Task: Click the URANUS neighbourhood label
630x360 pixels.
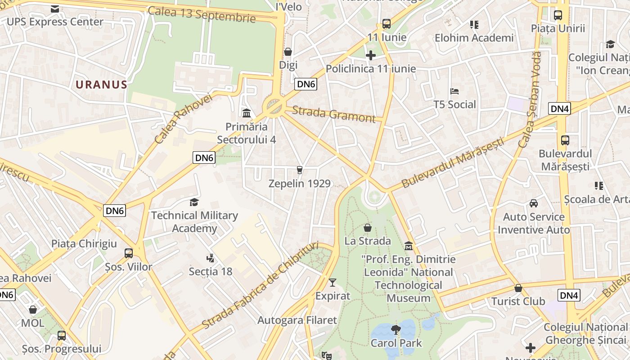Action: [101, 85]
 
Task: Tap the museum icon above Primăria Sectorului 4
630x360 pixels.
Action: [246, 113]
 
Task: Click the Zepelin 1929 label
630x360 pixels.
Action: [299, 184]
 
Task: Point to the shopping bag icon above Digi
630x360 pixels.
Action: [288, 52]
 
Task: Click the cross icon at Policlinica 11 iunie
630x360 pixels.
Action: [371, 55]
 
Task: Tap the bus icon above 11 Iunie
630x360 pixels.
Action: [386, 24]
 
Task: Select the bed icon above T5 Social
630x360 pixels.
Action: [454, 91]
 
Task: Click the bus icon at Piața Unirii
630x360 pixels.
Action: [558, 15]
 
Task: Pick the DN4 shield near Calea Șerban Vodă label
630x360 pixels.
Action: [559, 108]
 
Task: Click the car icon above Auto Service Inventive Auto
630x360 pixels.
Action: [534, 203]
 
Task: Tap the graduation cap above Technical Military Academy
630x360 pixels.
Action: [194, 202]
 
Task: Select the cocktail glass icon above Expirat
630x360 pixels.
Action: [333, 283]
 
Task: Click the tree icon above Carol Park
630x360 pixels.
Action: [396, 330]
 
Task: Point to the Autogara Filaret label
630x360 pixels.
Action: [297, 320]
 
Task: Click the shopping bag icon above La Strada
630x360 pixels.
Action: [368, 228]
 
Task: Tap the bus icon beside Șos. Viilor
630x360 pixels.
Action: [129, 253]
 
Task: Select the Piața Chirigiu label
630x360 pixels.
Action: [84, 244]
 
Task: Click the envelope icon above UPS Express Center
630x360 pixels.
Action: [55, 9]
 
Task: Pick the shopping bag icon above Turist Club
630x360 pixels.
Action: [518, 288]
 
